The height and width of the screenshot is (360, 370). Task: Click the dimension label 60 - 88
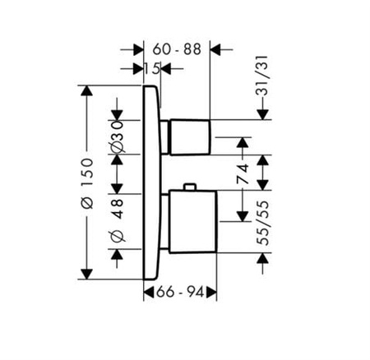coord(177,49)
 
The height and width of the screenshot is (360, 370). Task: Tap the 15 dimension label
coord(152,69)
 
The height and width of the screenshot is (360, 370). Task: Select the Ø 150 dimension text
coord(87,183)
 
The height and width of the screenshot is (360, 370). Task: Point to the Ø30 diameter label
coord(118,136)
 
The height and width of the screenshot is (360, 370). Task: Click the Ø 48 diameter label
coord(118,220)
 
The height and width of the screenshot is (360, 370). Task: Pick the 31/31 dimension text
coord(262,76)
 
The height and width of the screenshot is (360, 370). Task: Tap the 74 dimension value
coord(243,173)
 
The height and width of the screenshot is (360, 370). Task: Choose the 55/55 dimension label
coord(262,223)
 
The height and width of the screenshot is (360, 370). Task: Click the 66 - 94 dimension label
coord(180,292)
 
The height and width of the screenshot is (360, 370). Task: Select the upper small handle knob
coord(191,137)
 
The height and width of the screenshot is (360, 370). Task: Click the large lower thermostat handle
coord(193,221)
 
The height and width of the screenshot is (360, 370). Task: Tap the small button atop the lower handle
coord(190,187)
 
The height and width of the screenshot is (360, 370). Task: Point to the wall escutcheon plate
coord(151,182)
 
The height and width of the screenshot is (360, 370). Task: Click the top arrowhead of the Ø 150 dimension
coord(87,90)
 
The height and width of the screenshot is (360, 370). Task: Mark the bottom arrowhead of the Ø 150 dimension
coord(87,275)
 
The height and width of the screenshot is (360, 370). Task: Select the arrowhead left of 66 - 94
coord(149,292)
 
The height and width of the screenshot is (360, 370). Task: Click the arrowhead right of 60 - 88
coord(215,49)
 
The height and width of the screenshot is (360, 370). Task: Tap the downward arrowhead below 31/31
coord(262,114)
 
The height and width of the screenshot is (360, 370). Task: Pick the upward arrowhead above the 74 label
coord(243,142)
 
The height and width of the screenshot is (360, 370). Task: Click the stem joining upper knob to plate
coord(165,136)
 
